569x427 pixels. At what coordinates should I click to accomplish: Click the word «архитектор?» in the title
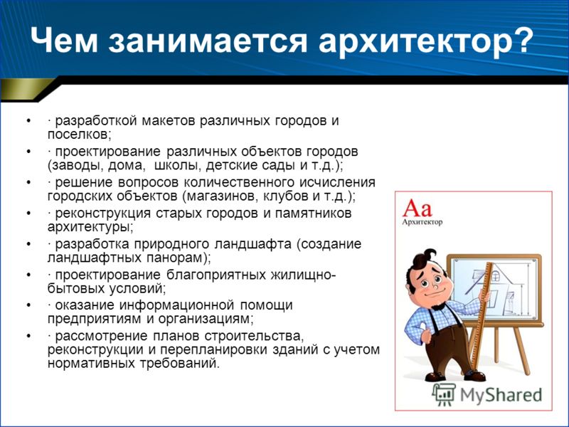(425, 41)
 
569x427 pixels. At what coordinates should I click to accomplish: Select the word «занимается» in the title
(208, 41)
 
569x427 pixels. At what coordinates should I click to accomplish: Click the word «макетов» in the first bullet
(169, 120)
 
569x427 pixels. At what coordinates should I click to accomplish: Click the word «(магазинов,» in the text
(220, 196)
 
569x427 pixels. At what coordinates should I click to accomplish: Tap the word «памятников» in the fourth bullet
(313, 213)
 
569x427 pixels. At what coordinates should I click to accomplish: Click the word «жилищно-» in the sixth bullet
(303, 275)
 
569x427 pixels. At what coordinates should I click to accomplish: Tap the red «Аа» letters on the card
(417, 208)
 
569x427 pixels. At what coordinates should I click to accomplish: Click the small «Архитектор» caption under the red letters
(422, 222)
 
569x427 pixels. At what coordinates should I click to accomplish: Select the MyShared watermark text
(501, 395)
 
